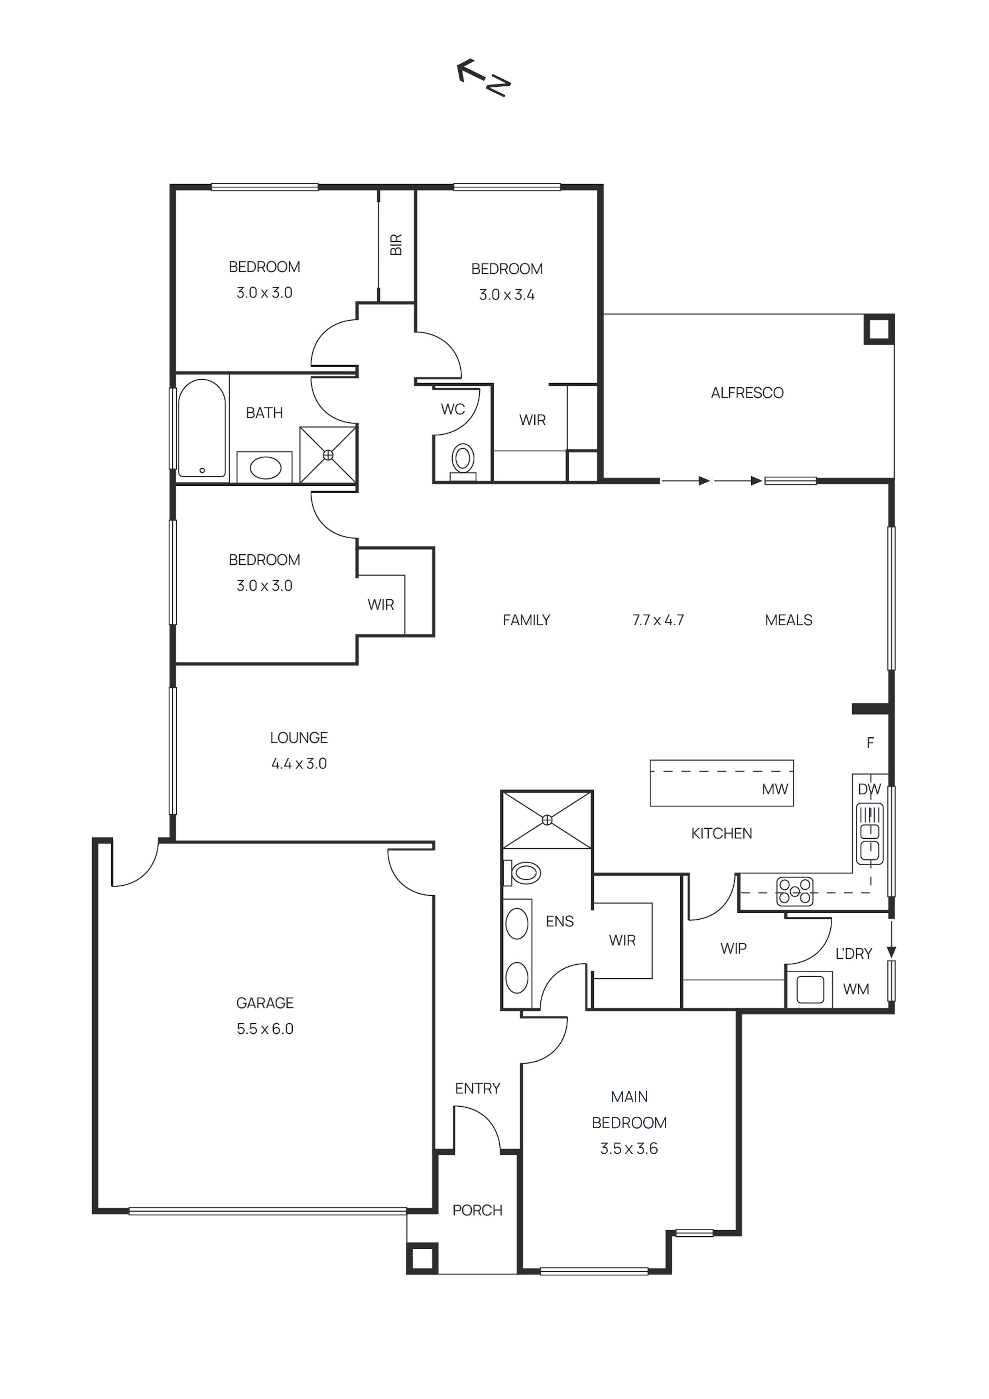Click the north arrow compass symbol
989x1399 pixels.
pos(483,78)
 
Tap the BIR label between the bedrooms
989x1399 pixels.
pos(396,244)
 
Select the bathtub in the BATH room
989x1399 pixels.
pos(202,428)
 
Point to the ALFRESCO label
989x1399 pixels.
pos(747,393)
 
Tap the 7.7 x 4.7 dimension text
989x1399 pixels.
pos(658,620)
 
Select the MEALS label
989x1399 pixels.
pos(788,620)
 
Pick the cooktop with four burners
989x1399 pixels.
pos(795,891)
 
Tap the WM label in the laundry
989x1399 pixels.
pos(855,989)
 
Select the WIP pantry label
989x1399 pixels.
pos(733,949)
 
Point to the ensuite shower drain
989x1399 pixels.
pos(547,820)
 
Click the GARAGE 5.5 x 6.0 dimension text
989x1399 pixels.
pos(265,1029)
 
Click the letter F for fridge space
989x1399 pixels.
pos(870,743)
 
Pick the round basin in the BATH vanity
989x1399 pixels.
pos(266,468)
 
